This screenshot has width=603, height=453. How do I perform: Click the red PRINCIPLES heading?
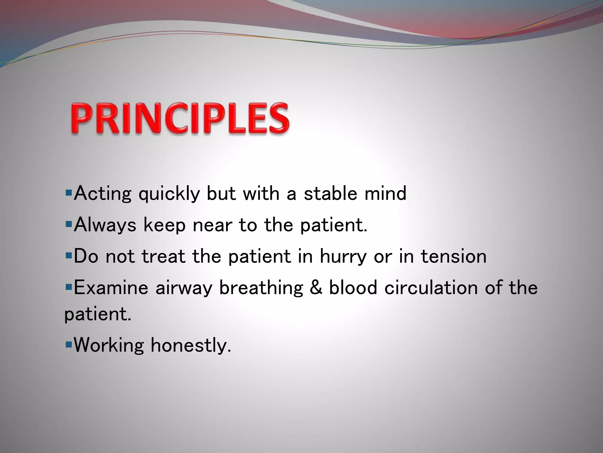(180, 119)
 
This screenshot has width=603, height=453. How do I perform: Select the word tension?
(453, 256)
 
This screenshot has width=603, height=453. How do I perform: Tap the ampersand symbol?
(316, 287)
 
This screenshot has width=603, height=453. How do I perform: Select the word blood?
(353, 287)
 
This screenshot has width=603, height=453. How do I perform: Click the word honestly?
(191, 345)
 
